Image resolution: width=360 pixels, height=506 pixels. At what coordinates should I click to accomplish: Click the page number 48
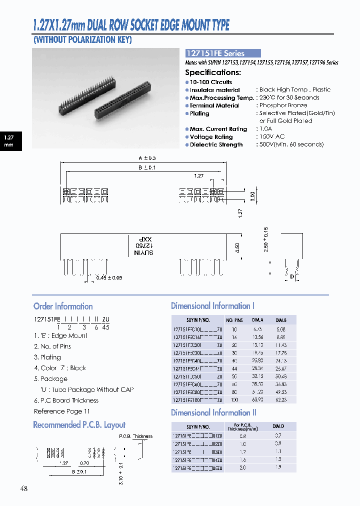(24, 488)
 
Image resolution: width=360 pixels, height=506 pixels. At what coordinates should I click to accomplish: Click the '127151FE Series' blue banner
(222, 53)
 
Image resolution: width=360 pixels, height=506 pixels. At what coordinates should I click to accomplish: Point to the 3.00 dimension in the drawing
(253, 195)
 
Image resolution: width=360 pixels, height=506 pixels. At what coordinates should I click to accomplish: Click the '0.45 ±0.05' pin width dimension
(109, 277)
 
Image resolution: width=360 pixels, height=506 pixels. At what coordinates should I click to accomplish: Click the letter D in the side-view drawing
(292, 276)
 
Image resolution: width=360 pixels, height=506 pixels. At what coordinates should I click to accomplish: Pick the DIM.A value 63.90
(257, 400)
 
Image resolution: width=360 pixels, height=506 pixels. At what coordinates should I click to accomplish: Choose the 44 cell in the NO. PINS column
(234, 368)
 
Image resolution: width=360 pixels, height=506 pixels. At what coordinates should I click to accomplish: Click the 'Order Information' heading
(63, 306)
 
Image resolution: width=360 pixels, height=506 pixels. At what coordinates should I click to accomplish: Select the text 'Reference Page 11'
(62, 411)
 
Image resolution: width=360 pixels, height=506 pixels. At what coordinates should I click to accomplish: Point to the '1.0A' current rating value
(266, 129)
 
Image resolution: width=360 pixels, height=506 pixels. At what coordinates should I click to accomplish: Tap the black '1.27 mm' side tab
(9, 140)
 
